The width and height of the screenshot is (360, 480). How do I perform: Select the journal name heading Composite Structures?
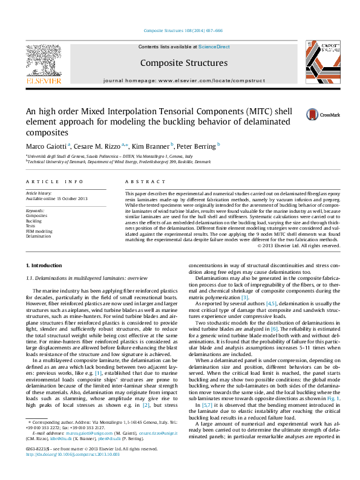(183, 63)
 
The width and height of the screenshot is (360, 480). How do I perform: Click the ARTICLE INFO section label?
(54, 181)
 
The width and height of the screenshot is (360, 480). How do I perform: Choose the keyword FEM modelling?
(39, 231)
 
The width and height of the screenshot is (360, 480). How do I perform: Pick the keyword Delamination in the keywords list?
(38, 236)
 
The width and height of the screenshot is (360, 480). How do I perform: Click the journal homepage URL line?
(183, 80)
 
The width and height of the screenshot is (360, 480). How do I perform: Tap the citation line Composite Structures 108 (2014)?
(183, 30)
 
